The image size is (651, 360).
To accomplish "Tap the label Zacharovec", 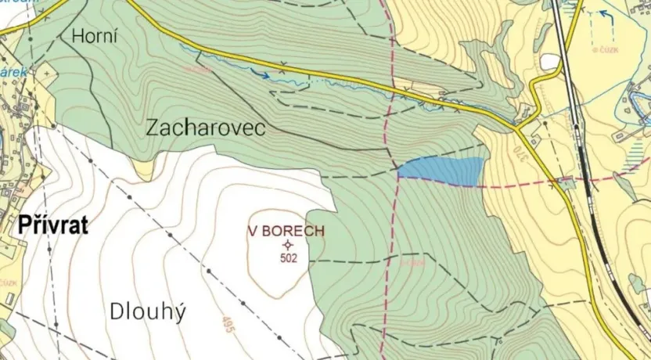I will point(206,128).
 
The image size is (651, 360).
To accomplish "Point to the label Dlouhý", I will point(148,312).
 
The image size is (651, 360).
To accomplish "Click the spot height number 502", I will point(288,258).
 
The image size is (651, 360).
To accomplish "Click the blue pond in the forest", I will point(443,171).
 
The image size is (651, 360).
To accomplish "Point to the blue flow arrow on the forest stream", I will point(264,75).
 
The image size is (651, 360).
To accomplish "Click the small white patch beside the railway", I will point(549,61).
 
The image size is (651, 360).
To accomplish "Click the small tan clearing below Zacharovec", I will point(142,167).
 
